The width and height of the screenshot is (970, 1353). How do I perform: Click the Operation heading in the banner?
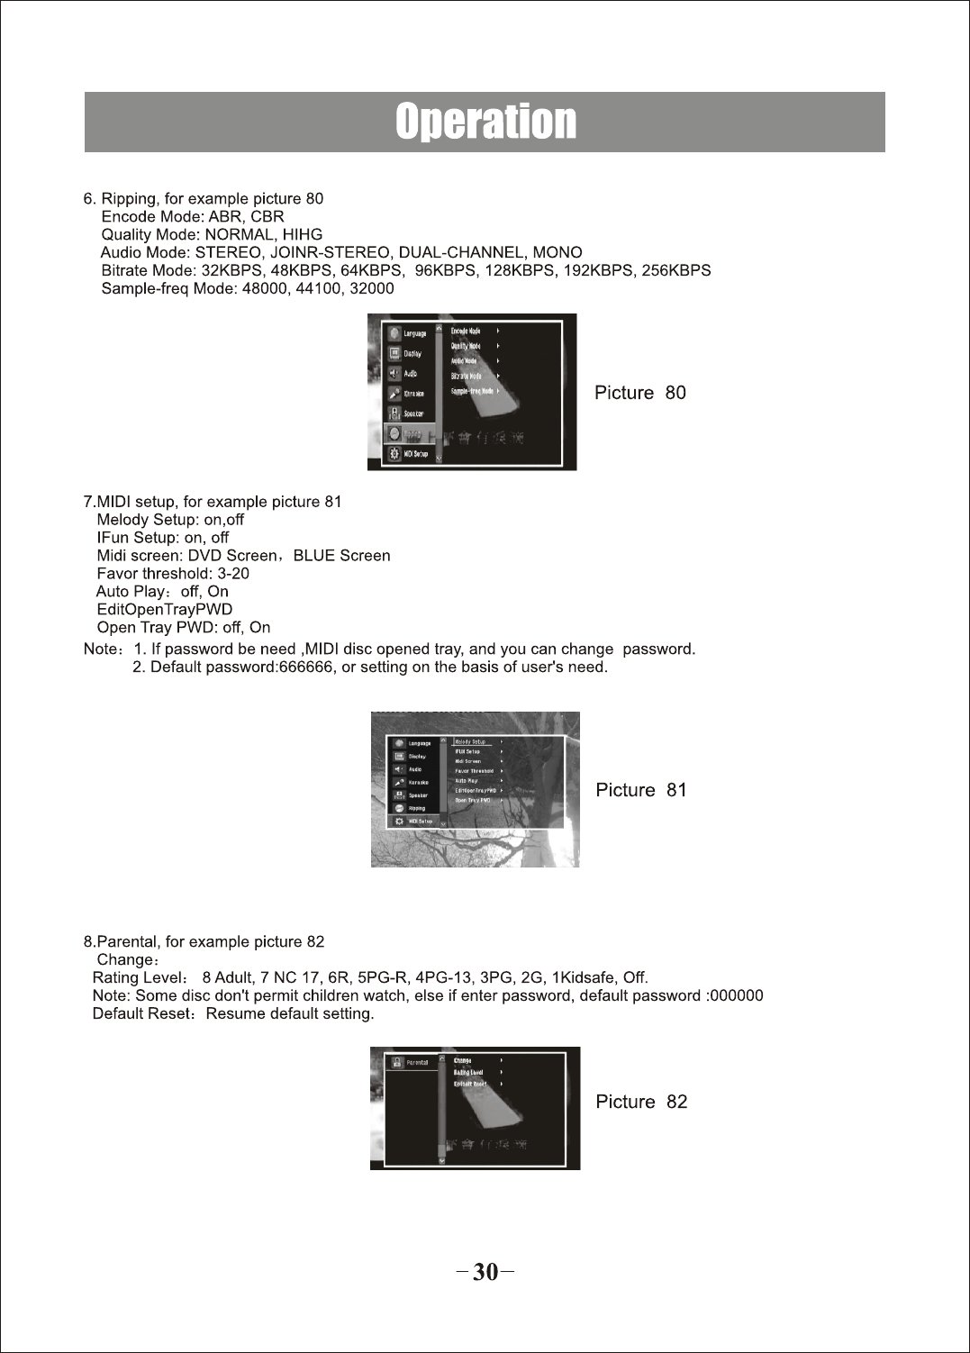[x=485, y=122]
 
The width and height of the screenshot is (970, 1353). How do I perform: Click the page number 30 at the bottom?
[x=485, y=1272]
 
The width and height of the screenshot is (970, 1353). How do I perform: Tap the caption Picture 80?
[x=639, y=393]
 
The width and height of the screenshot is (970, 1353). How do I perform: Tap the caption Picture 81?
[x=640, y=790]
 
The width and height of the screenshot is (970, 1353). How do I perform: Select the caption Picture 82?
[x=640, y=1102]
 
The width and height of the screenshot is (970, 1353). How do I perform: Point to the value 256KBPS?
[x=675, y=270]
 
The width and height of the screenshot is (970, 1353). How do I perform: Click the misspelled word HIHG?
[x=303, y=234]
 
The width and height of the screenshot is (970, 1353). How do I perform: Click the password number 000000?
[x=736, y=995]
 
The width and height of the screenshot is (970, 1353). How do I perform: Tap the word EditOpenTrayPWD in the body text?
[x=164, y=610]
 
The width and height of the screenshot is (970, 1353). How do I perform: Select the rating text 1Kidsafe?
[x=585, y=977]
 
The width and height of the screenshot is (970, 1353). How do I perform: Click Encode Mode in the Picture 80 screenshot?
[x=466, y=331]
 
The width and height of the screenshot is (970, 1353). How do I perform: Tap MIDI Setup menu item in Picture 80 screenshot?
[x=415, y=454]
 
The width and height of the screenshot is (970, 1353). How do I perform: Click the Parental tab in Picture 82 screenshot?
[x=416, y=1063]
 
